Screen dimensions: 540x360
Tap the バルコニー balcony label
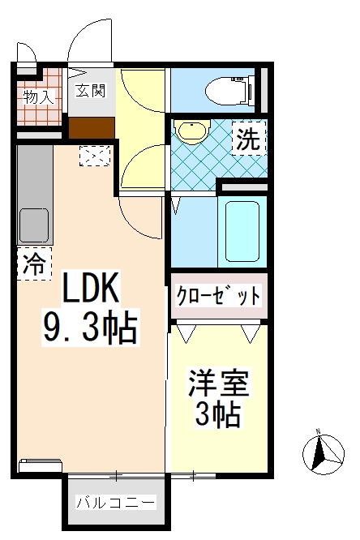point(116,503)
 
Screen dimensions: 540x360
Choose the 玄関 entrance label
point(91,91)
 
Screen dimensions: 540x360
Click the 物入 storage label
point(38,97)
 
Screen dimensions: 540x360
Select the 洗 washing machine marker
point(247,139)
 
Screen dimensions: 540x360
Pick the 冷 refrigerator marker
point(33,263)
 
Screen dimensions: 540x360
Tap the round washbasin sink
point(193,131)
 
